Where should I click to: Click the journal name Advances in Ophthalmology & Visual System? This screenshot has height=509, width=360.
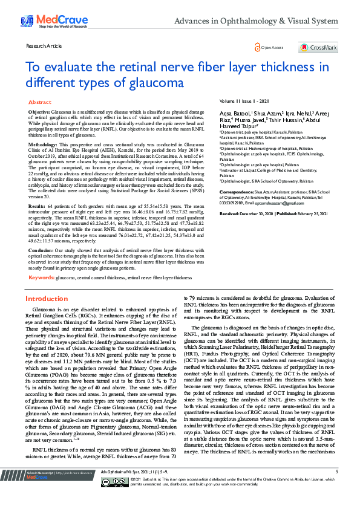[256, 22]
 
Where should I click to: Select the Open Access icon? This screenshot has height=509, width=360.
[258, 47]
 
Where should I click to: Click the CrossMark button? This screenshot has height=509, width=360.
[318, 47]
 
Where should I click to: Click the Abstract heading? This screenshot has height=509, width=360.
[40, 103]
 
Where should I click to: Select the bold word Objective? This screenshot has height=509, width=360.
[39, 113]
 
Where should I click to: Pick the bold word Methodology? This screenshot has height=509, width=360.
[44, 146]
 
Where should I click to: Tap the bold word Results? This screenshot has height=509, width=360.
[37, 206]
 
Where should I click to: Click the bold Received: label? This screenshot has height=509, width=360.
[230, 197]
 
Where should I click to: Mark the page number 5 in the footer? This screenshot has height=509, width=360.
[336, 488]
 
